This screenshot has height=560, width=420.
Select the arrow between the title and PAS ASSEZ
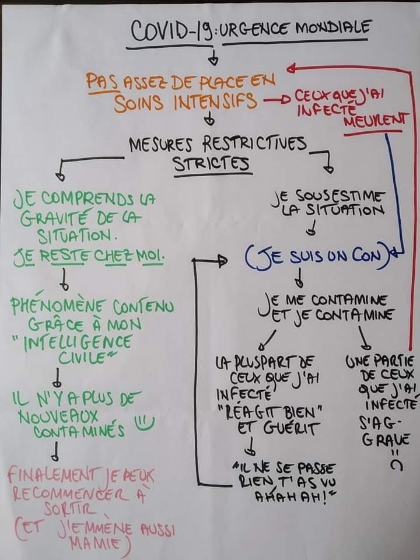coord(215,57)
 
